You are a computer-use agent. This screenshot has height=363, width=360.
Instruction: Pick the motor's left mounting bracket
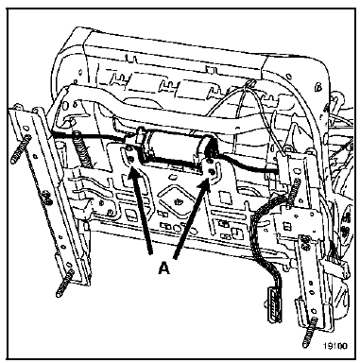(x=129, y=161)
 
